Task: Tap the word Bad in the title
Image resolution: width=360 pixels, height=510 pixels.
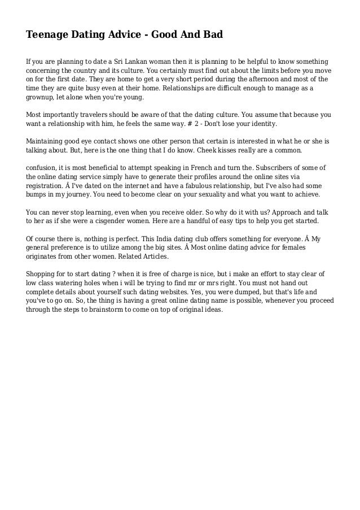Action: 213,35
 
